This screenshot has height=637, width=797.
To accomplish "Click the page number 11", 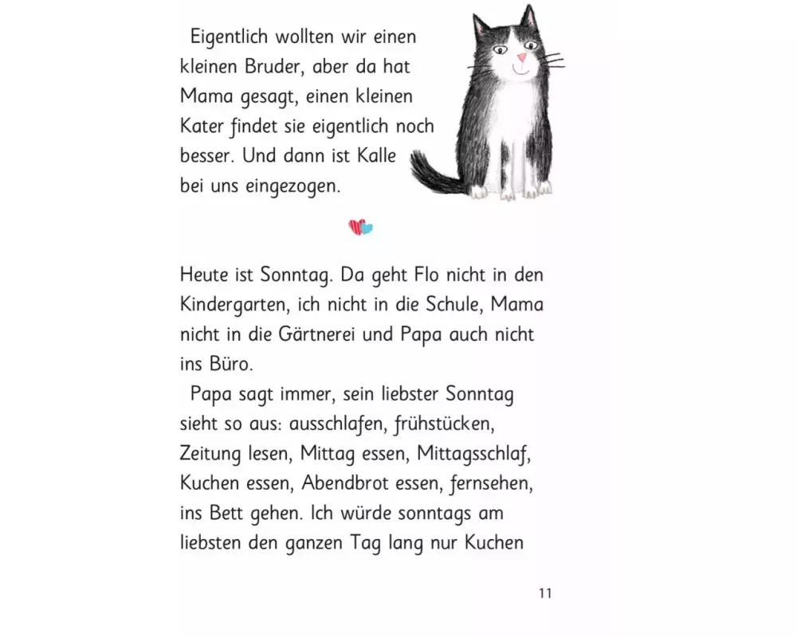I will [545, 592].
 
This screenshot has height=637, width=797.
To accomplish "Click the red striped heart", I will [355, 228].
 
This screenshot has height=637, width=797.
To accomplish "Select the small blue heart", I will [367, 229].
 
